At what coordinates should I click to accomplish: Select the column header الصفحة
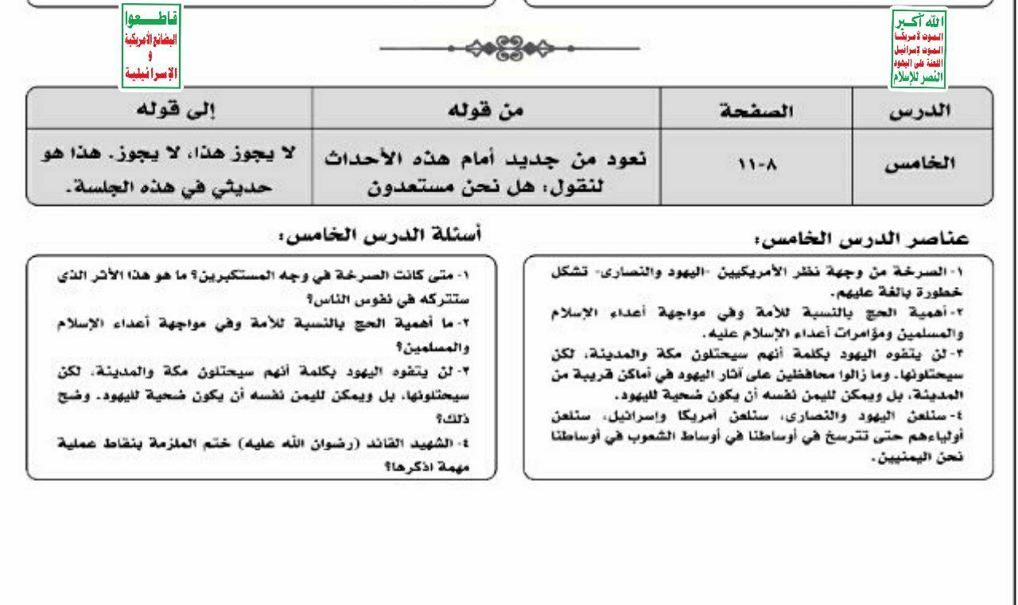[x=756, y=110]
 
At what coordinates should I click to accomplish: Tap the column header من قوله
[x=487, y=110]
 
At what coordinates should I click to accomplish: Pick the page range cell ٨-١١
[x=756, y=166]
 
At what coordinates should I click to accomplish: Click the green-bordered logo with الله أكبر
[x=919, y=49]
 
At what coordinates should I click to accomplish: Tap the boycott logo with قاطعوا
[x=151, y=46]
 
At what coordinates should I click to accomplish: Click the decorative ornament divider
[x=509, y=48]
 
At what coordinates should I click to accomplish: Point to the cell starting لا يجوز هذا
[x=169, y=171]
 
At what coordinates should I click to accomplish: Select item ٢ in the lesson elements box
[x=760, y=323]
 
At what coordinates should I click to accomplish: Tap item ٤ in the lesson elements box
[x=760, y=435]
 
